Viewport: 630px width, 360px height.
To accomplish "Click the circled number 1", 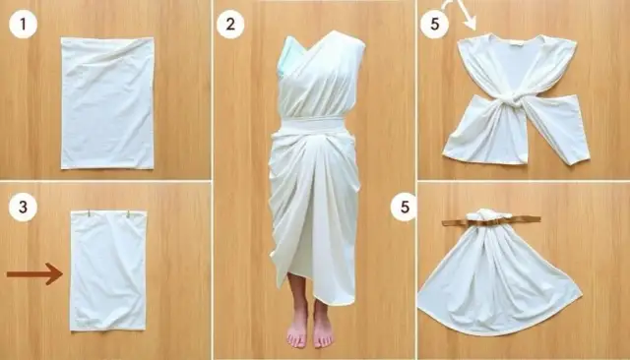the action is click(x=23, y=24).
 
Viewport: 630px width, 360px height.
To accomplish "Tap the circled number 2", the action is click(x=230, y=24).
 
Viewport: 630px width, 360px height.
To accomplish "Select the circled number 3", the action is click(x=23, y=208).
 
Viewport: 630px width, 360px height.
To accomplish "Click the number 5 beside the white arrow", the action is click(x=435, y=24).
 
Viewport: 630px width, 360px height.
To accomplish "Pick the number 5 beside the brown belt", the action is click(x=405, y=208).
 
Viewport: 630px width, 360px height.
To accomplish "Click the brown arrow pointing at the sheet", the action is click(x=35, y=274).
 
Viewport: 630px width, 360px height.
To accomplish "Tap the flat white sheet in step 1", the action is click(x=107, y=103).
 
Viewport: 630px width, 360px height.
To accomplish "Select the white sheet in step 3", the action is click(x=108, y=270).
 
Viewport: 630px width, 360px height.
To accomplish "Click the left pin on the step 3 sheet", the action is click(x=89, y=213).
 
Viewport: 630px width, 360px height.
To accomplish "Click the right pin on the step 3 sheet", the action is click(x=129, y=214).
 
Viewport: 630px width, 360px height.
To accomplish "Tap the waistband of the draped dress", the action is click(x=313, y=124).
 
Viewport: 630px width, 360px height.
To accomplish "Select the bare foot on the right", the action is click(x=323, y=330).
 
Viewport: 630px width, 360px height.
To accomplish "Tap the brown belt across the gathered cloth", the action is click(x=491, y=220).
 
